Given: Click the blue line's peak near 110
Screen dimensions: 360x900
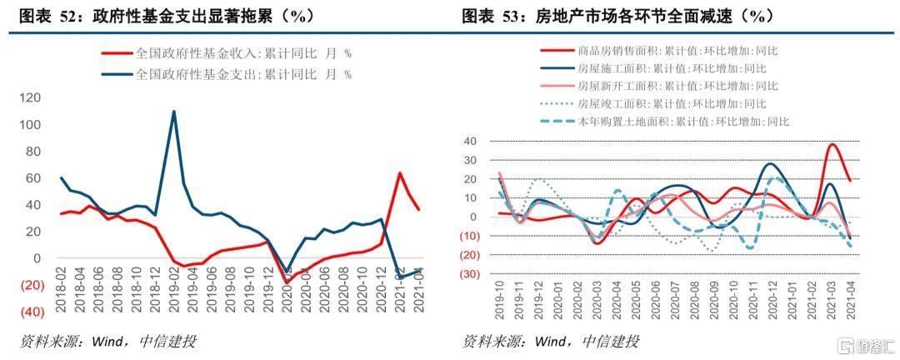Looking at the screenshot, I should (173, 112).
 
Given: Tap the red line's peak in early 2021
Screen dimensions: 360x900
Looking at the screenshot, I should (400, 173).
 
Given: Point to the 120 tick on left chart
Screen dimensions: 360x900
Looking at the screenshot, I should (29, 98).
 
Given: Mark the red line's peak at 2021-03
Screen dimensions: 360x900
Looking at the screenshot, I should (832, 144).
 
